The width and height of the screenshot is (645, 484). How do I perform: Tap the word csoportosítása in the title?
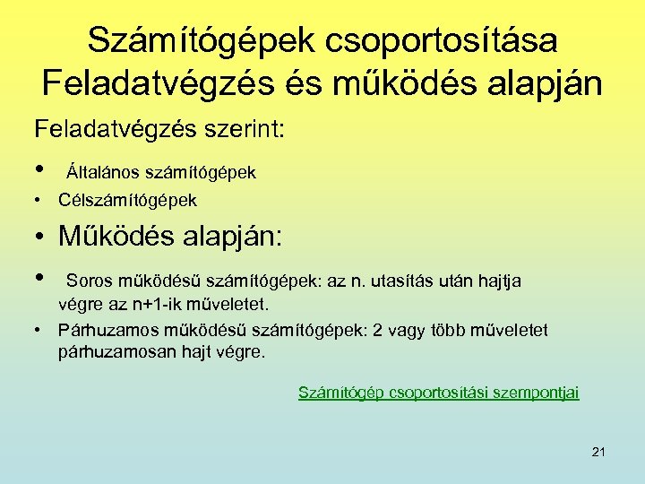[442, 40]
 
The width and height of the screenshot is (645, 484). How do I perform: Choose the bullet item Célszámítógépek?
[127, 200]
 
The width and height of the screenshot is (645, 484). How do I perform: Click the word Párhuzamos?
[102, 331]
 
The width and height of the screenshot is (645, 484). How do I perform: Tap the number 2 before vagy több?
[377, 331]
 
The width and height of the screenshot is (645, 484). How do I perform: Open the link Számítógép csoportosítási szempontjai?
[438, 392]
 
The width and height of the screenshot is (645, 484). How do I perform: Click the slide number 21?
[598, 452]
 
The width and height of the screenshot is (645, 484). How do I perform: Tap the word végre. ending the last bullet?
[242, 351]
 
